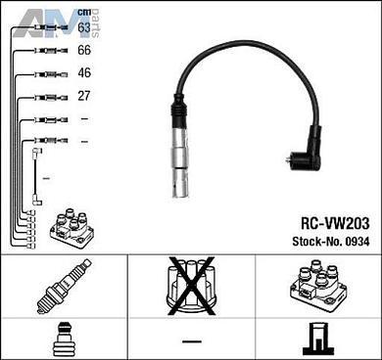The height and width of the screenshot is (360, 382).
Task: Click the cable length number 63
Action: pyautogui.click(x=84, y=27)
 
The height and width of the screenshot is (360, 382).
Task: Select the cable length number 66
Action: pyautogui.click(x=84, y=50)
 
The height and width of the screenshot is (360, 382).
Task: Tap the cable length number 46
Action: pyautogui.click(x=84, y=72)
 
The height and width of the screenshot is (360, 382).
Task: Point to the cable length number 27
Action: pyautogui.click(x=84, y=96)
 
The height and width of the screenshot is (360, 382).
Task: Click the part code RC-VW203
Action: pyautogui.click(x=335, y=223)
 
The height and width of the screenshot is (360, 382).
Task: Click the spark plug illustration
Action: pyautogui.click(x=64, y=286)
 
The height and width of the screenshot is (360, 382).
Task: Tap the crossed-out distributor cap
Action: pyautogui.click(x=191, y=286)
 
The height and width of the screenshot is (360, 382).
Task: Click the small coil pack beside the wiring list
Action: pyautogui.click(x=72, y=228)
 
